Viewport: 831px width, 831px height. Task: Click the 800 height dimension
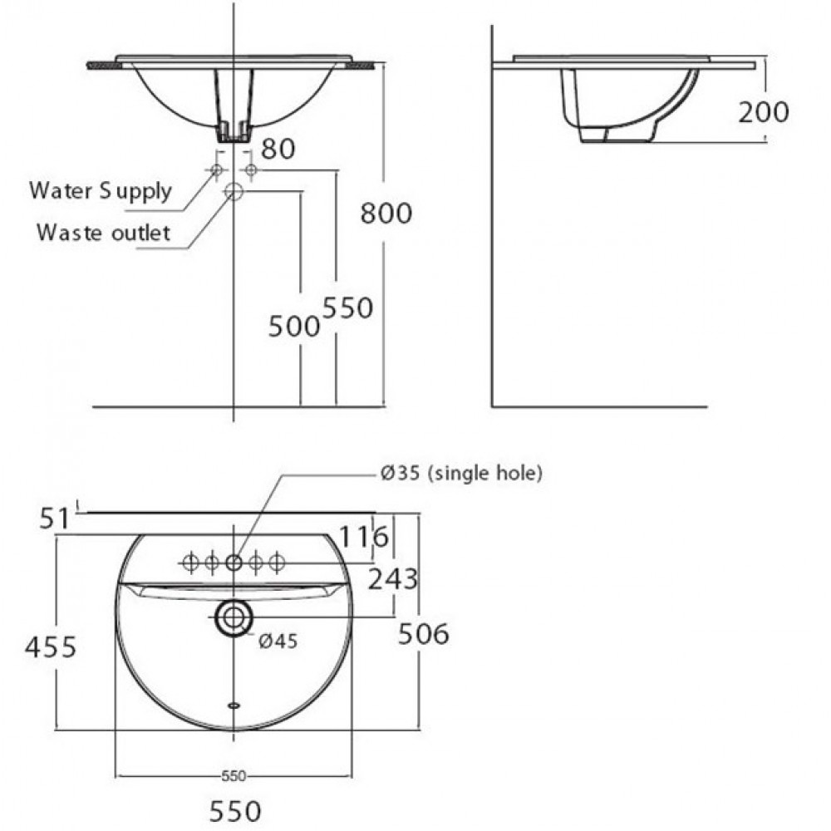(x=386, y=214)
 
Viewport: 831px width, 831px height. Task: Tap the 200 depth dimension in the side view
(x=763, y=111)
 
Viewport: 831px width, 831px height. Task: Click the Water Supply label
(x=100, y=190)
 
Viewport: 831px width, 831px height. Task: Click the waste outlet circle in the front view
(x=234, y=192)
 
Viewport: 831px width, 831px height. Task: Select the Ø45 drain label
(x=278, y=640)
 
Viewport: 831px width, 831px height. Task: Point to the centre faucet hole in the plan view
(x=234, y=563)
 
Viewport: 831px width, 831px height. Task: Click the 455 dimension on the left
(x=50, y=645)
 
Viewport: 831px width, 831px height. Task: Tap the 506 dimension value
(x=424, y=634)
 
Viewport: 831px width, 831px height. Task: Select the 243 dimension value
(x=392, y=579)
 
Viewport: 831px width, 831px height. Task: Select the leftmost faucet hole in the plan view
(x=189, y=563)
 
